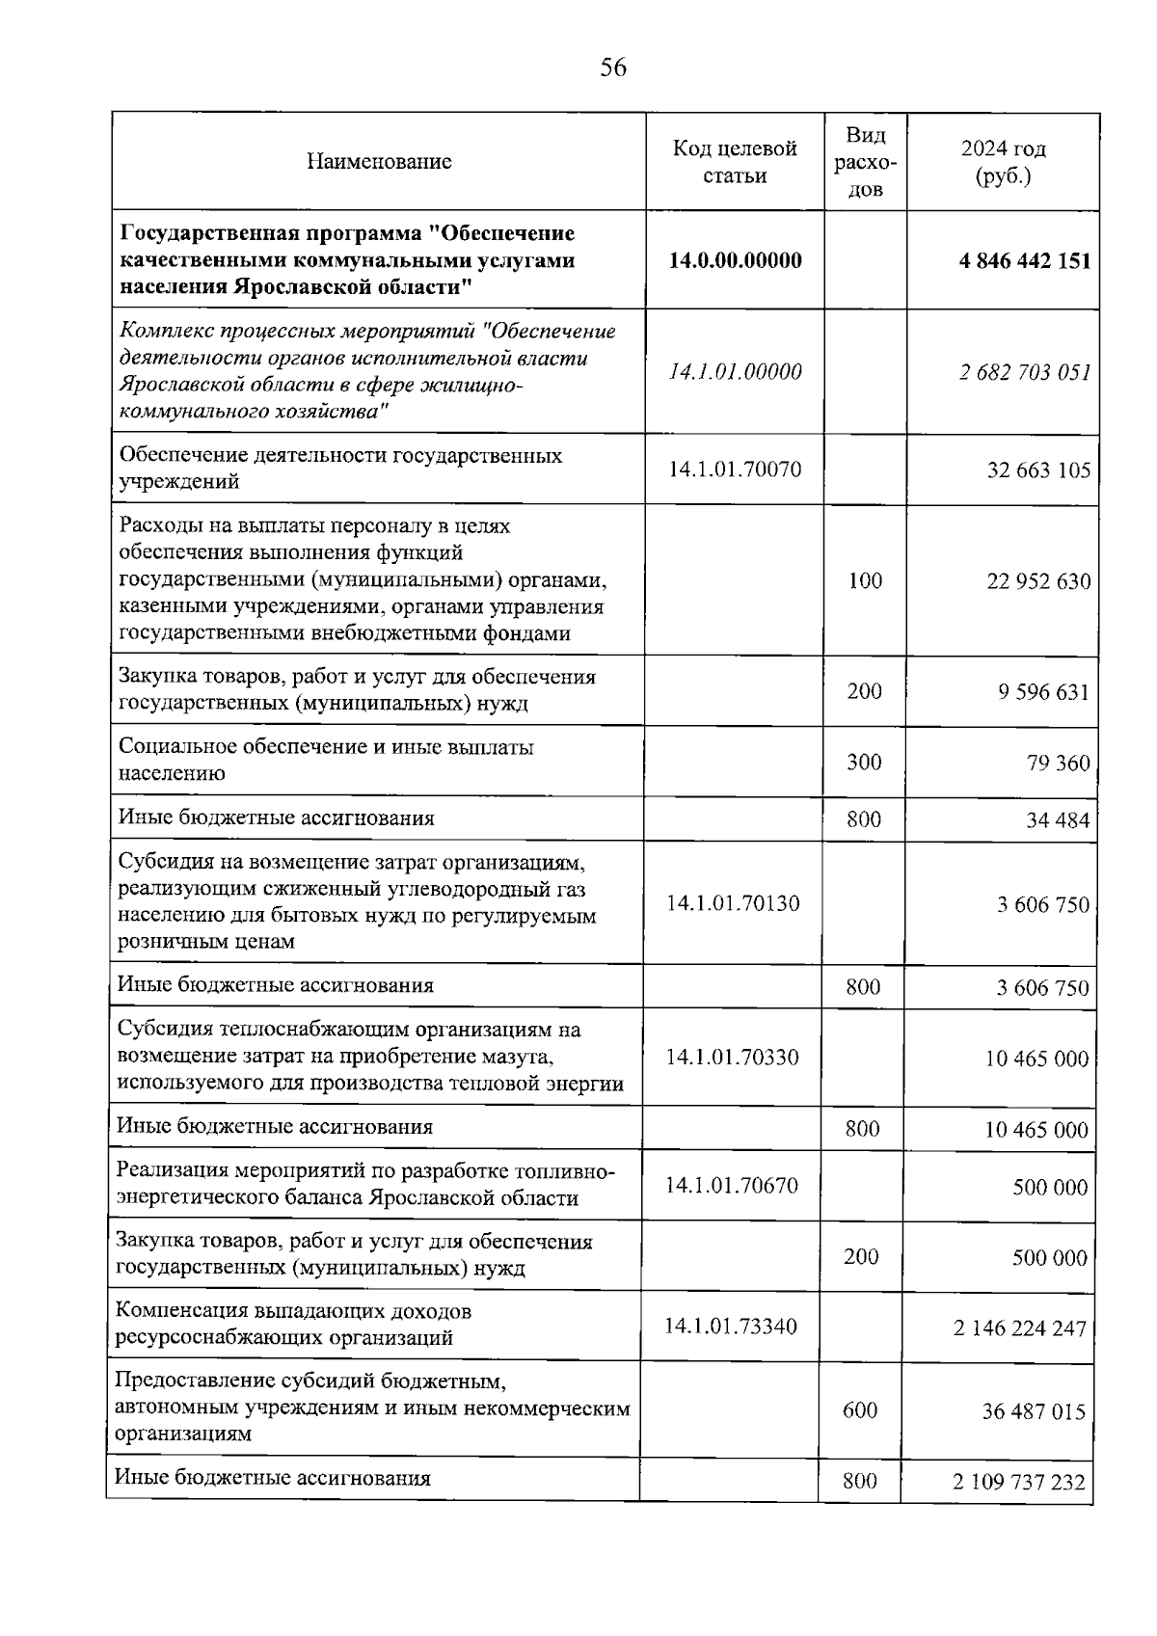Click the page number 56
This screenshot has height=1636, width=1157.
(x=613, y=67)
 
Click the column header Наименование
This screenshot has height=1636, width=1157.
(x=379, y=162)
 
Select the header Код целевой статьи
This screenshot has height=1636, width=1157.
(x=735, y=162)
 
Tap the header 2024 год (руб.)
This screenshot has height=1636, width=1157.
(x=1003, y=162)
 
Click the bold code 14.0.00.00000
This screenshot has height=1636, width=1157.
(x=735, y=260)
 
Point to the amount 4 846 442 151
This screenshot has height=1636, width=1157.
(x=1025, y=261)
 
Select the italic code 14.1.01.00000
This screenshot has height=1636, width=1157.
(x=735, y=372)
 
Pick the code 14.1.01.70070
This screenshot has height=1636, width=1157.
(x=735, y=469)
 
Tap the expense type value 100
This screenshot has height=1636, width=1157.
(x=865, y=580)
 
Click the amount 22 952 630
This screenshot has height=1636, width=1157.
(x=1038, y=581)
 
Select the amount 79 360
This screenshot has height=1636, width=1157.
(x=1059, y=764)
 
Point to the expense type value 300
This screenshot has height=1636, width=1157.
(x=864, y=763)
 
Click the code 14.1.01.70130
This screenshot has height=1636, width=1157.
(x=733, y=903)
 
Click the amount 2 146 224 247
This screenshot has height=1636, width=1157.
(x=1020, y=1328)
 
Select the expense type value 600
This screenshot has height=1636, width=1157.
(x=860, y=1410)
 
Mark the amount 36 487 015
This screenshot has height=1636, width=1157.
(x=1034, y=1412)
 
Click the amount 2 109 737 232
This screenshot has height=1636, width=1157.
(x=1019, y=1482)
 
